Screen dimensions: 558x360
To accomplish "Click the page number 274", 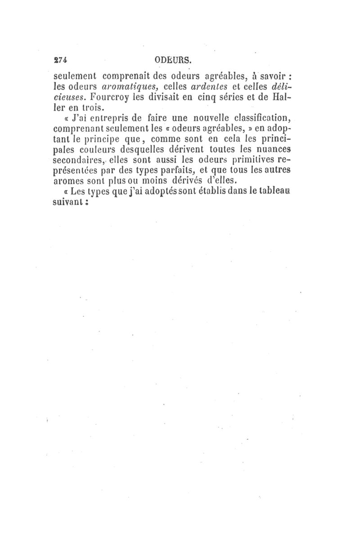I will (x=60, y=59).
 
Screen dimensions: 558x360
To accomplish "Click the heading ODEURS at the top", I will (x=173, y=59).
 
